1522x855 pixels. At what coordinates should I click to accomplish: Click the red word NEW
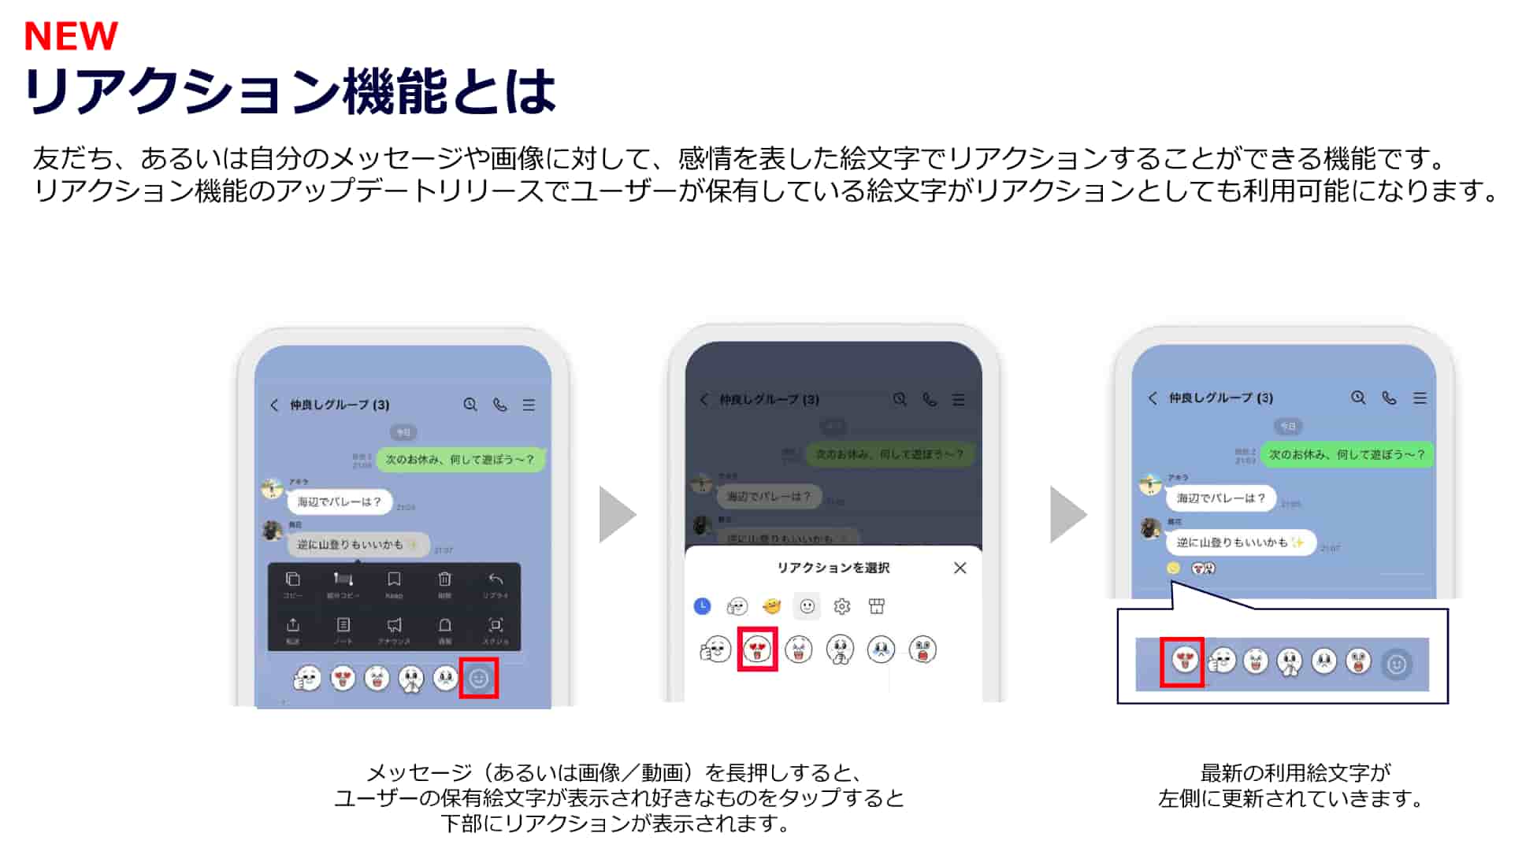(x=71, y=36)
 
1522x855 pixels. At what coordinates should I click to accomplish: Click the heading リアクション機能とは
(x=290, y=91)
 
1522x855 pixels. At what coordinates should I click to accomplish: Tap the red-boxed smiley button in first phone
(x=479, y=679)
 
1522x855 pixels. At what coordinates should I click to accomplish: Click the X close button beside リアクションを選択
(x=960, y=568)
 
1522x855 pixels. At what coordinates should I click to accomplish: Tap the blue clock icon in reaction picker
(x=702, y=606)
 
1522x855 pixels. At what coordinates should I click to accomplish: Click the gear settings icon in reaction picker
(x=842, y=606)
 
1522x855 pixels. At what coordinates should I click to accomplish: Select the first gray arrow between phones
(x=616, y=515)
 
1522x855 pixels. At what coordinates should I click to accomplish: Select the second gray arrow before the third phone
(x=1067, y=515)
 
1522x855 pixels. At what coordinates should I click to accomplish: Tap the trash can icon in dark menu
(x=444, y=580)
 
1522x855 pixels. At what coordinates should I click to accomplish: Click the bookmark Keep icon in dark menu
(x=394, y=580)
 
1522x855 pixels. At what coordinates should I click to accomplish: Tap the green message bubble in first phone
(x=460, y=460)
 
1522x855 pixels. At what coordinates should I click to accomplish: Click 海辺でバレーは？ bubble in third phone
(x=1220, y=498)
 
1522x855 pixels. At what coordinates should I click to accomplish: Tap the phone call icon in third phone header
(x=1389, y=398)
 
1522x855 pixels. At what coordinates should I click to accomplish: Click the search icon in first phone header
(x=470, y=405)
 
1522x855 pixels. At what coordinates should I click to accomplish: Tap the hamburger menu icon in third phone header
(x=1420, y=398)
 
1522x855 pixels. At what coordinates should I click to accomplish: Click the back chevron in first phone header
(x=274, y=405)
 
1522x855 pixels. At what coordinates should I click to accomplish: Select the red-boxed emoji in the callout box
(x=1183, y=662)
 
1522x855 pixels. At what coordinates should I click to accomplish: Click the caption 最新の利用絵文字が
(x=1295, y=772)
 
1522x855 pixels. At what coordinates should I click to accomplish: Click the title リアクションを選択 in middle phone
(x=833, y=568)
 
